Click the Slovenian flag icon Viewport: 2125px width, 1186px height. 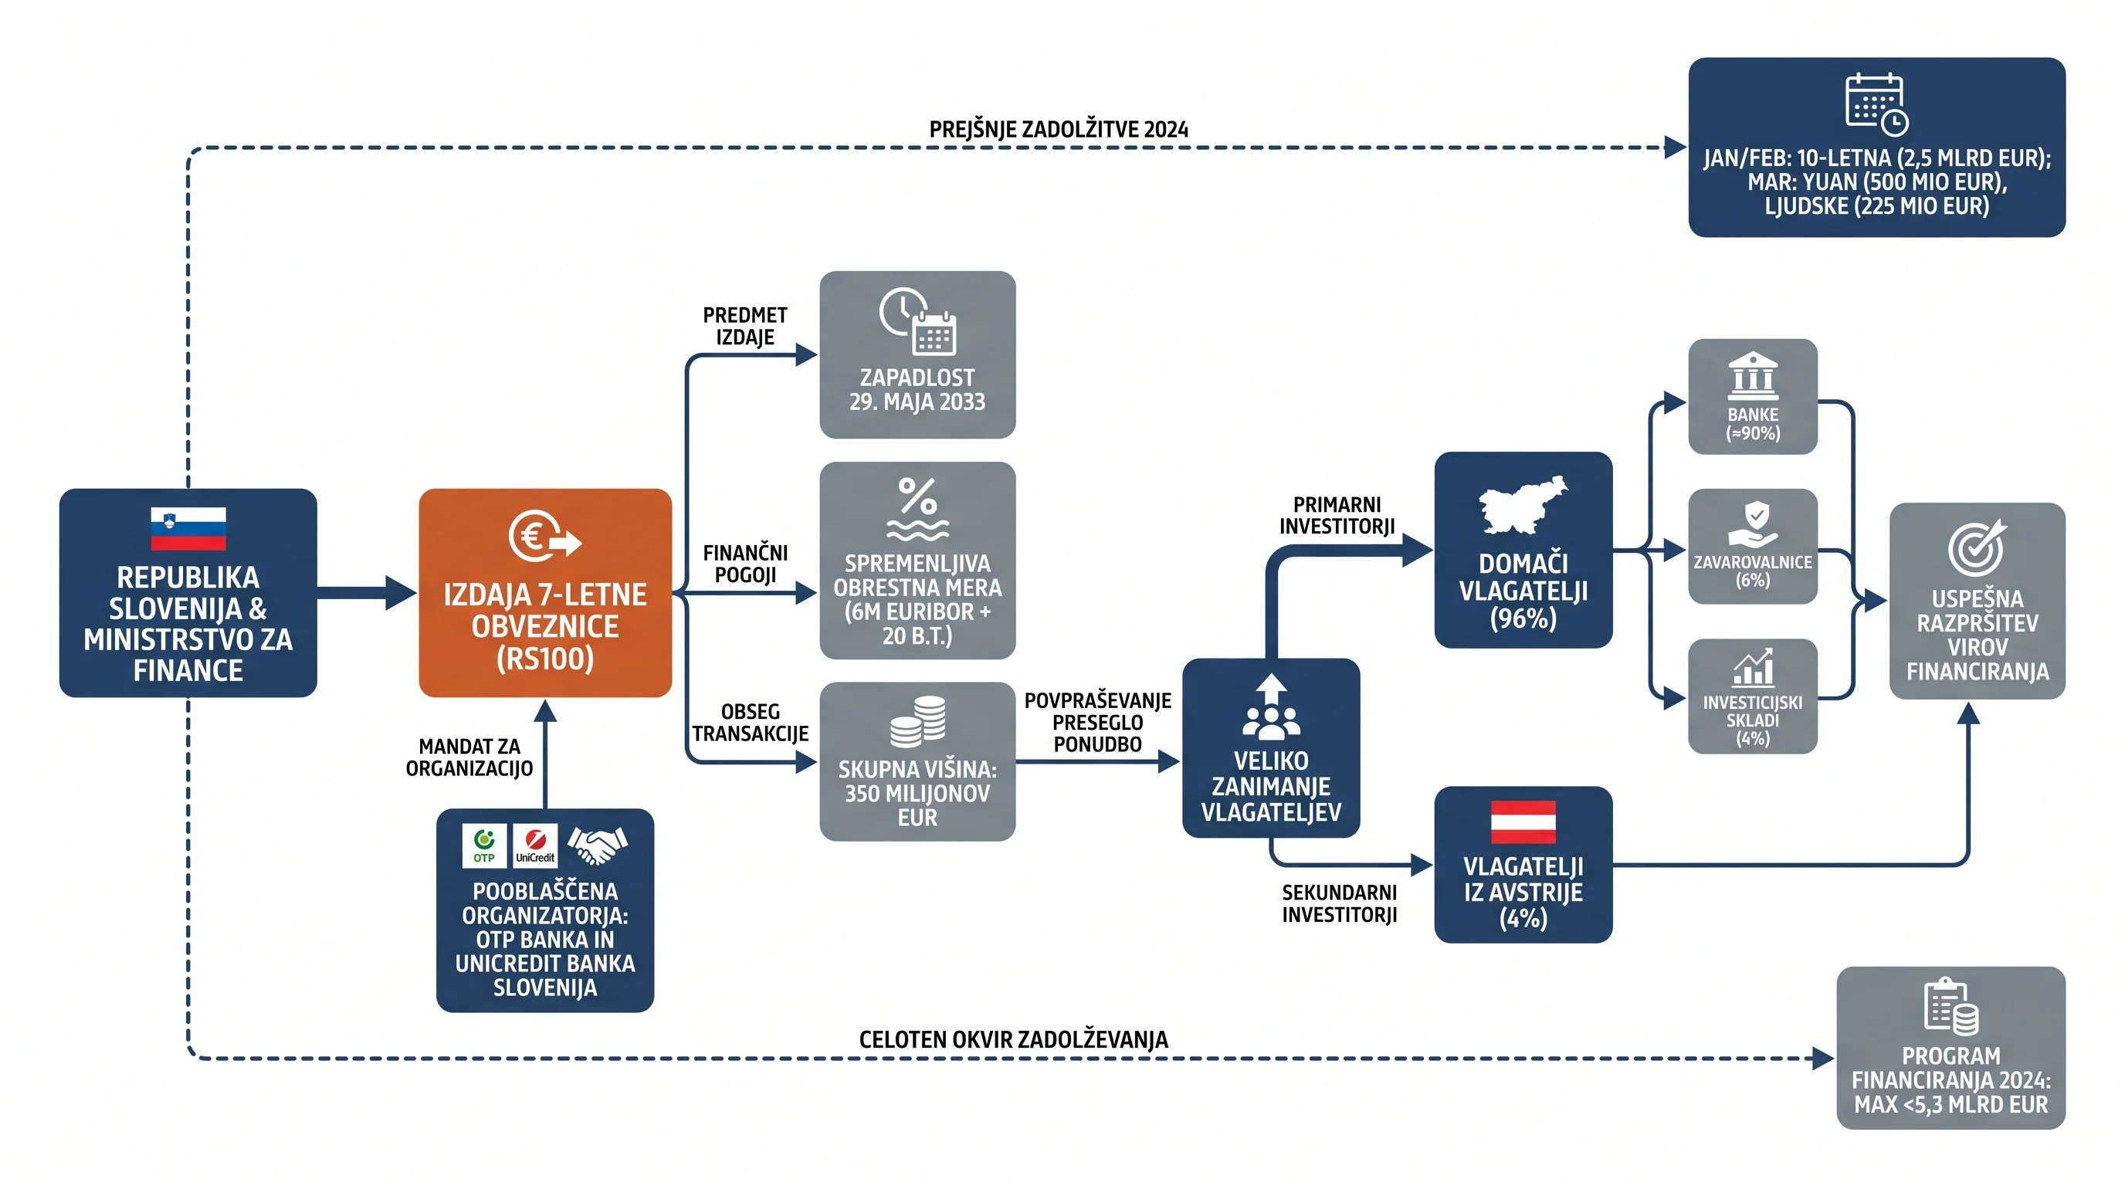pos(188,528)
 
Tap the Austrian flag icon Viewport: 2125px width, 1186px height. pos(1523,822)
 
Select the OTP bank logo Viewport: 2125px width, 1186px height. pos(484,845)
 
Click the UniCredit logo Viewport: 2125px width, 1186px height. pos(534,845)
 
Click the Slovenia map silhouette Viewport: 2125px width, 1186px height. pos(1523,505)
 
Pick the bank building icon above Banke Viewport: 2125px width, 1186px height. pos(1753,376)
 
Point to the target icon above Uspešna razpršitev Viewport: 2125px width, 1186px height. pos(1978,546)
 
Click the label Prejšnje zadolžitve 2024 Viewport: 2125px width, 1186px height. pos(1059,130)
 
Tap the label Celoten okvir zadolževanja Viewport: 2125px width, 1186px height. pos(1013,1039)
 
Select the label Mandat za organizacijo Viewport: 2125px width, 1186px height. pos(469,757)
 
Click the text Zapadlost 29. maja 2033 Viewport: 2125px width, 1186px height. pos(917,389)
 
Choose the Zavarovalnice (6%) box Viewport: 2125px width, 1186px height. pos(1753,546)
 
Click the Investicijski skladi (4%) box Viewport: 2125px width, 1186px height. pos(1753,696)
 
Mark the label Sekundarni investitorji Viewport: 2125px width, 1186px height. pos(1339,903)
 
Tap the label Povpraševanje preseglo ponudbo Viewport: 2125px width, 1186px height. pos(1097,722)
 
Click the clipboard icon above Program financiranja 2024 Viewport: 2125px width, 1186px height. pos(1951,1006)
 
